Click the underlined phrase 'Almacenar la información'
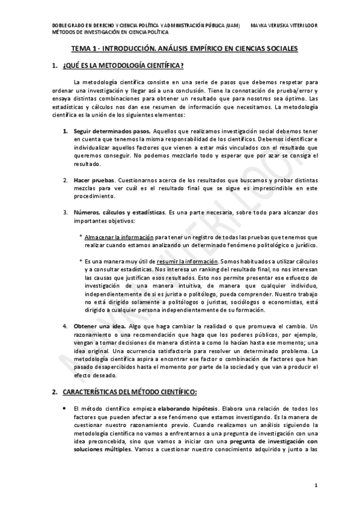point(119,237)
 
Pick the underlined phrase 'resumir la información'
point(187,262)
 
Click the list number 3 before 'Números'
point(66,212)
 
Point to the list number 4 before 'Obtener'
point(66,325)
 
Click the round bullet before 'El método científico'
point(65,408)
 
